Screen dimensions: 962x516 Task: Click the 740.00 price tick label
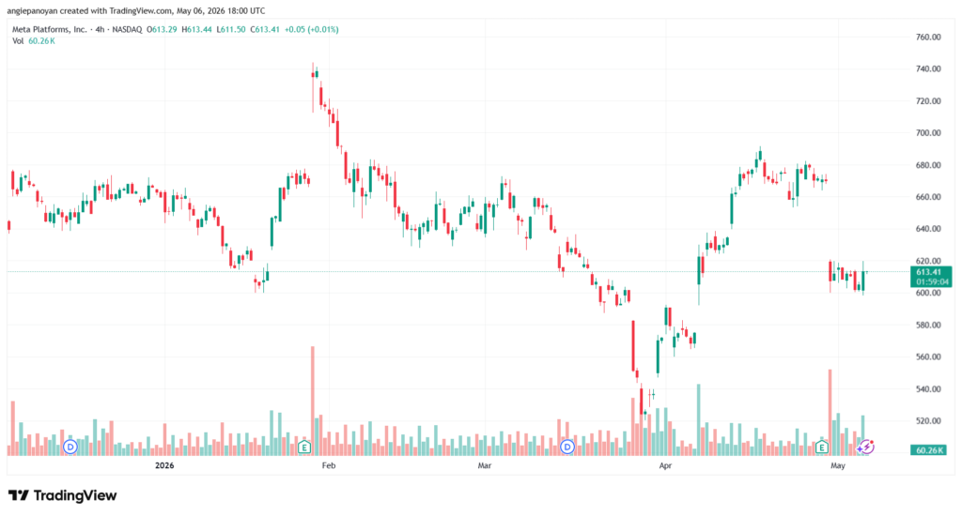[927, 68]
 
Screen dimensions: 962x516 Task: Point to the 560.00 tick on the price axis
[927, 357]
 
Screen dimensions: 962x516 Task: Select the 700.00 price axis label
[927, 133]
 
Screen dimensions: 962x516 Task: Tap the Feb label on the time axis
[329, 465]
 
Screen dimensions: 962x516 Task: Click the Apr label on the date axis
[665, 465]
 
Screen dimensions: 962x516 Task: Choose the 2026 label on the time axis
[164, 465]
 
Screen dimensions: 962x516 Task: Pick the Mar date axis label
[485, 465]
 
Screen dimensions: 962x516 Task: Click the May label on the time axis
[837, 465]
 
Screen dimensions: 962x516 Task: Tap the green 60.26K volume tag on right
[930, 450]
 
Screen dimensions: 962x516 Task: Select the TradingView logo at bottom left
[62, 495]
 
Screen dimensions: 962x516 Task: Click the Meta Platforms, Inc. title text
[50, 29]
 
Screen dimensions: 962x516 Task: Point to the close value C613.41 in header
[264, 29]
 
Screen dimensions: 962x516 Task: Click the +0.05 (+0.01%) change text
[312, 29]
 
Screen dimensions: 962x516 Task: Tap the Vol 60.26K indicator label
[34, 41]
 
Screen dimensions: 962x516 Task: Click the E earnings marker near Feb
[303, 448]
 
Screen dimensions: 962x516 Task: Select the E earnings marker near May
[821, 448]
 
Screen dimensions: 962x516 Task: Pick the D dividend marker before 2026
[70, 447]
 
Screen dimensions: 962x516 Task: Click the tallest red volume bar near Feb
[312, 401]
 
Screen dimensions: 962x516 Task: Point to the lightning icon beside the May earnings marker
[865, 448]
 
